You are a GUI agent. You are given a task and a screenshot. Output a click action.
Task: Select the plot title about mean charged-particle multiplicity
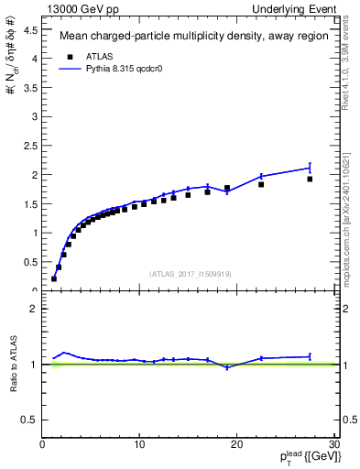point(189,38)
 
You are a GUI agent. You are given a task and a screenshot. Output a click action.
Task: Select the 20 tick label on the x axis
point(236,445)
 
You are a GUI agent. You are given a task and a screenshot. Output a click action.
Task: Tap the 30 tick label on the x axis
point(333,445)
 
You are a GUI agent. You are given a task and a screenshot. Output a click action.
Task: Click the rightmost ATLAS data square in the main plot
point(310,179)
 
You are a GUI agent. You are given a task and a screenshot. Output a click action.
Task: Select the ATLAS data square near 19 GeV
point(227,188)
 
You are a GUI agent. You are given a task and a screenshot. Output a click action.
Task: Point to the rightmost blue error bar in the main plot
point(310,168)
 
